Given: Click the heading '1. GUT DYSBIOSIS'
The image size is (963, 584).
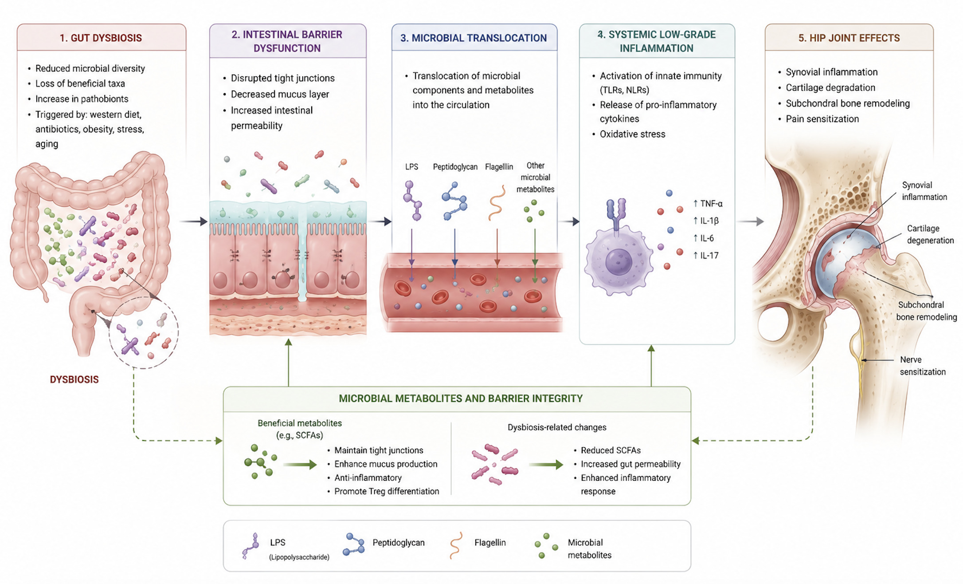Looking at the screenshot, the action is pyautogui.click(x=101, y=38).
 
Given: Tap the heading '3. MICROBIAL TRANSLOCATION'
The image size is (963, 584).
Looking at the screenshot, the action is pyautogui.click(x=474, y=38).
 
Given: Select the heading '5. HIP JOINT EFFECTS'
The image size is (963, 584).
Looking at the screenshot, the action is pyautogui.click(x=849, y=38).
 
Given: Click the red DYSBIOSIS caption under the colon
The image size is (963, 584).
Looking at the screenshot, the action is pyautogui.click(x=74, y=379).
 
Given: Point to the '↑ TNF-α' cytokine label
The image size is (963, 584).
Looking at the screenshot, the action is pyautogui.click(x=708, y=204).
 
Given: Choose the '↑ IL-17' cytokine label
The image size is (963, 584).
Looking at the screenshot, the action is pyautogui.click(x=706, y=255).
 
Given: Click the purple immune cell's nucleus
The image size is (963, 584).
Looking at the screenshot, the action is pyautogui.click(x=619, y=261).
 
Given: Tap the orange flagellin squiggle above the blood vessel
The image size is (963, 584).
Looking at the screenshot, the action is pyautogui.click(x=497, y=203).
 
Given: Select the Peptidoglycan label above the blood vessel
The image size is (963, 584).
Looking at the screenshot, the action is pyautogui.click(x=455, y=167).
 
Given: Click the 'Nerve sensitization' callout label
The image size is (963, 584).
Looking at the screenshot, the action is pyautogui.click(x=923, y=366).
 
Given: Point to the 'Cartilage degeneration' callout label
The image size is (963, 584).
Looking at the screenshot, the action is pyautogui.click(x=930, y=234).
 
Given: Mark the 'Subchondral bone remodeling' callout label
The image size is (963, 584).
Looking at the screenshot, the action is pyautogui.click(x=927, y=311).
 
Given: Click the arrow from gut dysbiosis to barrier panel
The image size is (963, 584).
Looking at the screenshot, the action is pyautogui.click(x=194, y=221).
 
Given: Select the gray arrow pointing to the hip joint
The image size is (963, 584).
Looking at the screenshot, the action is pyautogui.click(x=750, y=221).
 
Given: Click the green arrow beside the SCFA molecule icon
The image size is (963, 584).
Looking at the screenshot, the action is pyautogui.click(x=300, y=465).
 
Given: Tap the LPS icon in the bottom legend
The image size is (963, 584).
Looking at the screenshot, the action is pyautogui.click(x=251, y=546).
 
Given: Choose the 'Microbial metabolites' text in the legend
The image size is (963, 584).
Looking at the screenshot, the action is pyautogui.click(x=589, y=548).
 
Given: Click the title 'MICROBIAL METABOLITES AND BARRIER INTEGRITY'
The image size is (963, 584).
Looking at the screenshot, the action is pyautogui.click(x=461, y=399).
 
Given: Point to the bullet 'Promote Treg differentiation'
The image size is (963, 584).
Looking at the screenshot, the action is pyautogui.click(x=387, y=491).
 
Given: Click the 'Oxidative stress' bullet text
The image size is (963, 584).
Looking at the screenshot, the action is pyautogui.click(x=633, y=134).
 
